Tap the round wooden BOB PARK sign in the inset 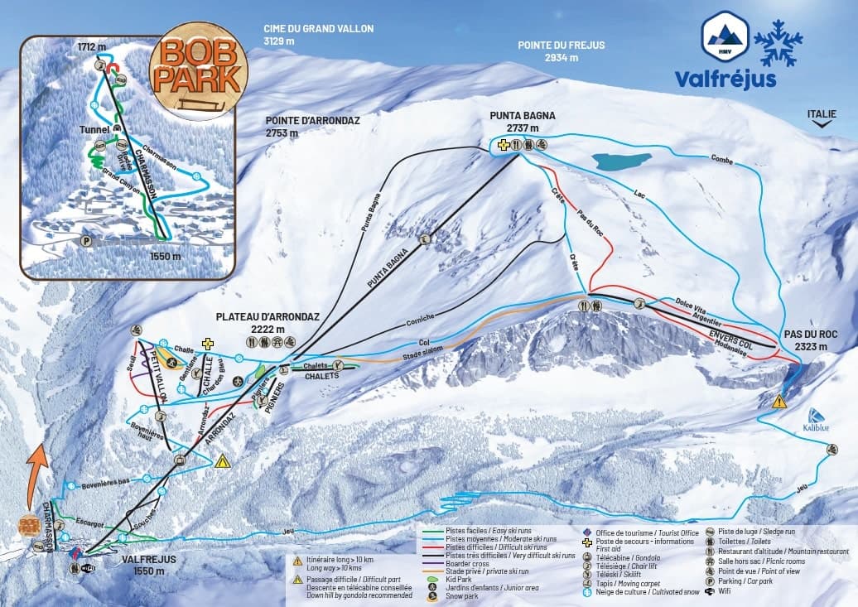pyautogui.click(x=200, y=70)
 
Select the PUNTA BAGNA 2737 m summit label pyautogui.click(x=522, y=122)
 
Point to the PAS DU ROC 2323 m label pyautogui.click(x=810, y=340)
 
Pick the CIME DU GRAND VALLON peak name pyautogui.click(x=318, y=34)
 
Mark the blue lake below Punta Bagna pyautogui.click(x=621, y=161)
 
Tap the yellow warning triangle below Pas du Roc pyautogui.click(x=778, y=402)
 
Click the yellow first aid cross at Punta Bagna pyautogui.click(x=503, y=145)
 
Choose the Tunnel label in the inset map pyautogui.click(x=94, y=130)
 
